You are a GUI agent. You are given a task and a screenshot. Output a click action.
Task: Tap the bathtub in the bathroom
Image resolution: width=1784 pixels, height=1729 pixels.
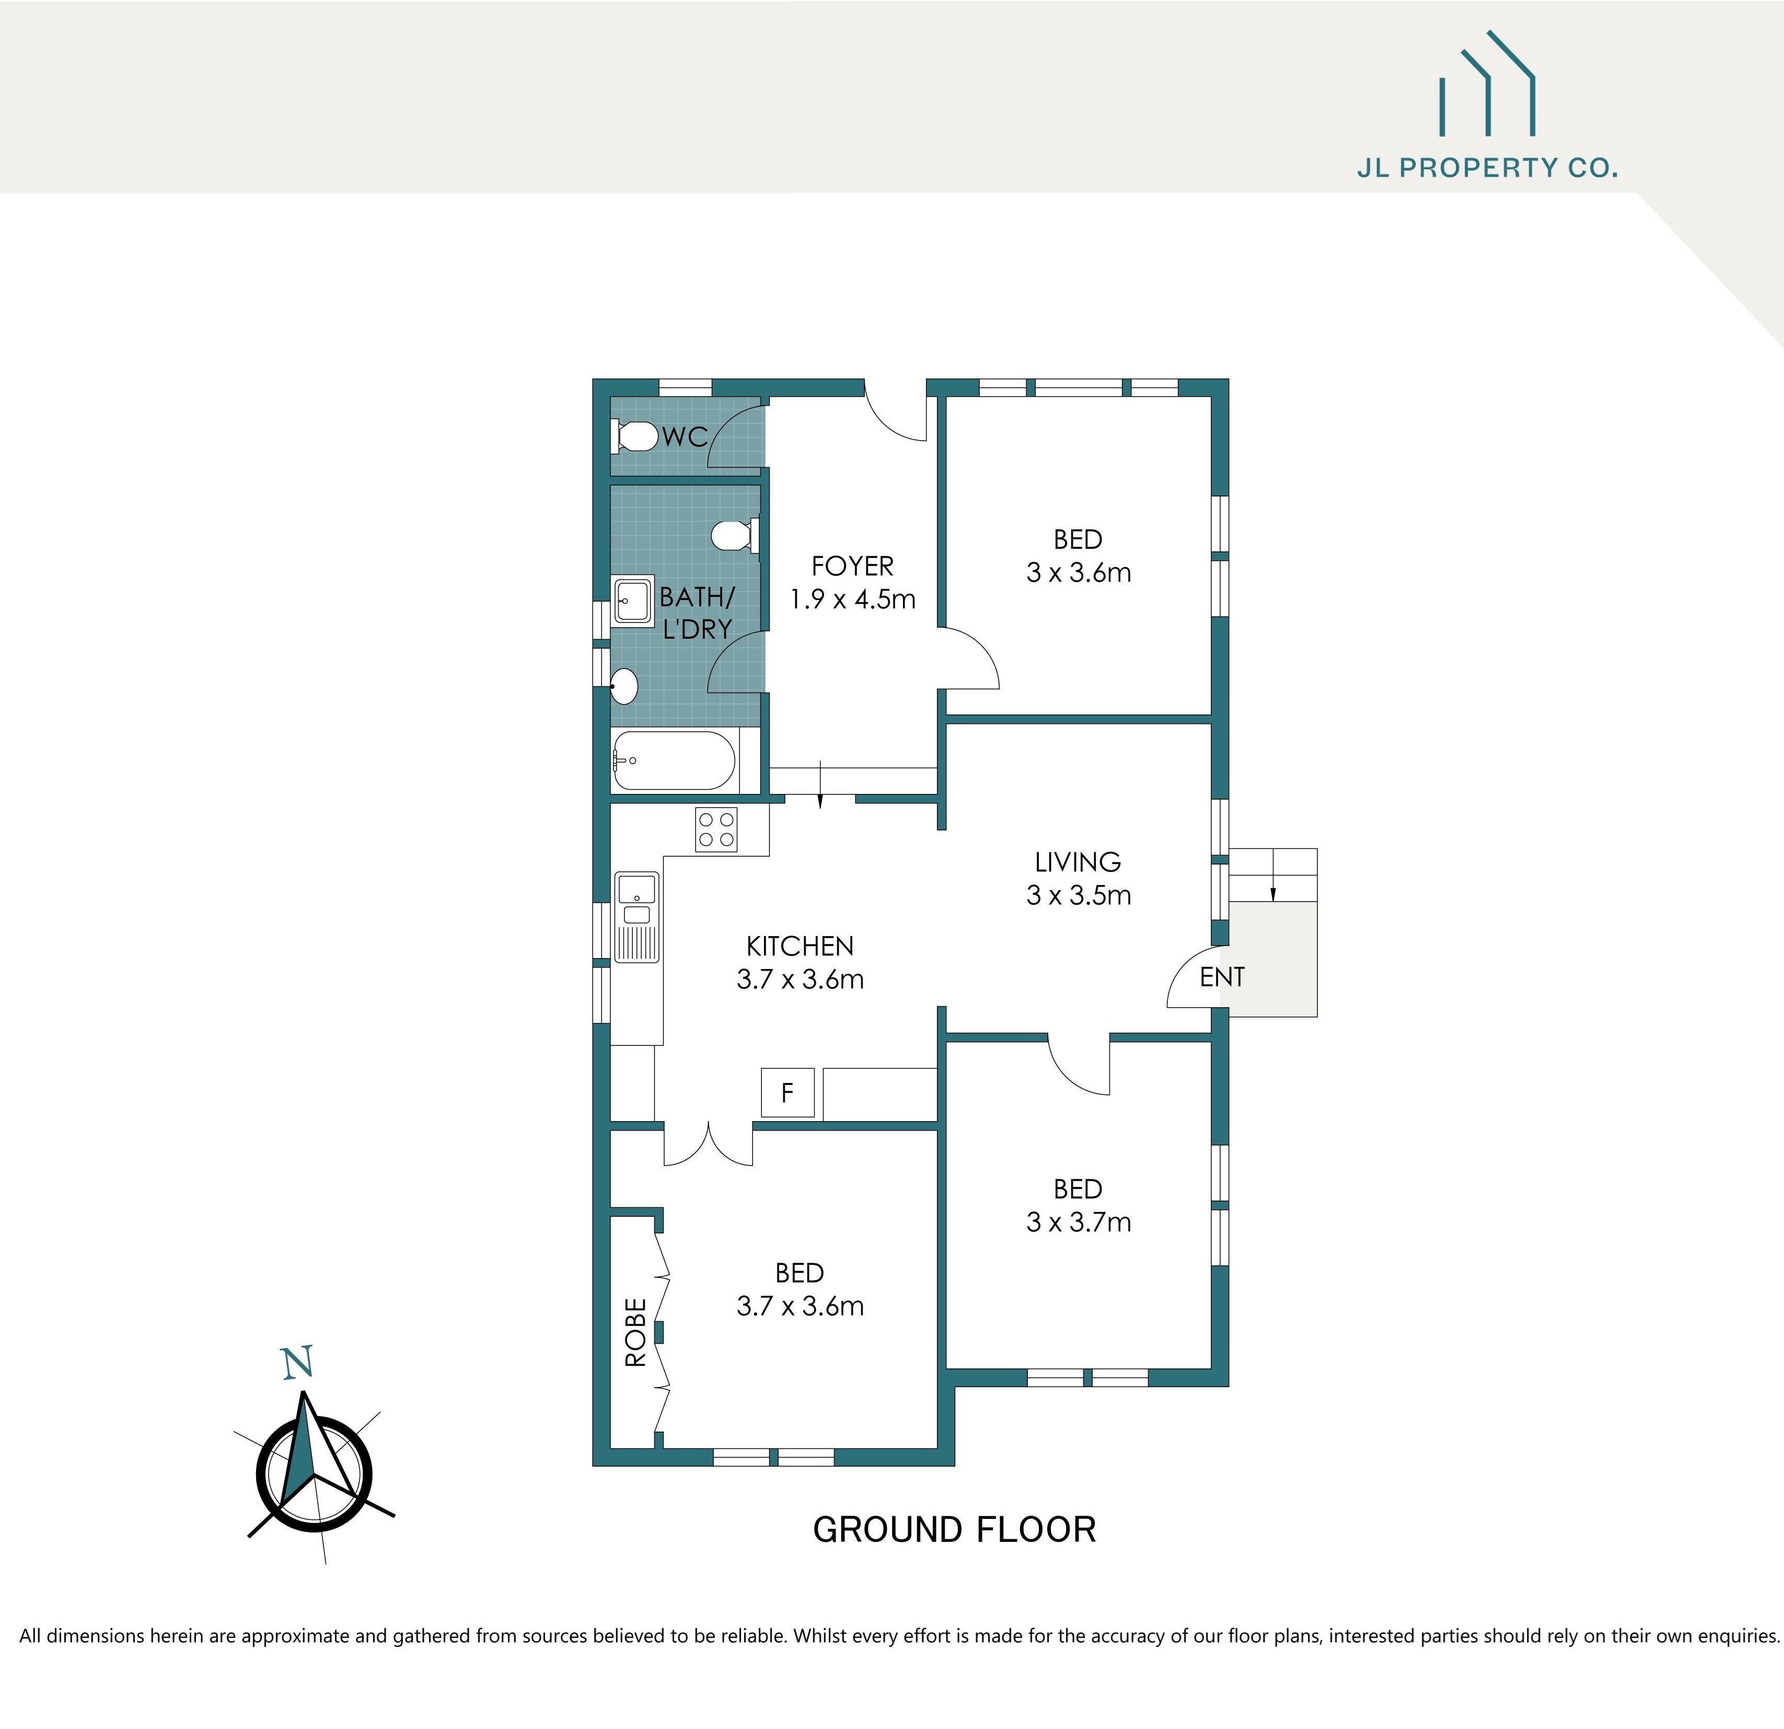(674, 760)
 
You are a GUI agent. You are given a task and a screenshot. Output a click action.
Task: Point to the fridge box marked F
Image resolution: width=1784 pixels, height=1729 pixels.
(787, 1092)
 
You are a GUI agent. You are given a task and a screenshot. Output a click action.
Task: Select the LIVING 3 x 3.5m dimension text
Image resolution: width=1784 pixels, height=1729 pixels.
(1079, 895)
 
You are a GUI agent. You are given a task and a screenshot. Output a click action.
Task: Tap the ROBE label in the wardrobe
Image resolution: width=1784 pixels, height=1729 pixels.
(635, 1333)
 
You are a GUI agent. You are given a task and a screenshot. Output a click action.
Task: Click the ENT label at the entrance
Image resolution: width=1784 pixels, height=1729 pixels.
(1222, 977)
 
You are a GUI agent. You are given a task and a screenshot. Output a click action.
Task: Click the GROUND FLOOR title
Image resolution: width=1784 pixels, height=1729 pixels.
(954, 1530)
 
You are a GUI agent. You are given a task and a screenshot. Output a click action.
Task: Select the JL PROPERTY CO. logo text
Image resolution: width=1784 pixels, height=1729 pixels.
(1486, 168)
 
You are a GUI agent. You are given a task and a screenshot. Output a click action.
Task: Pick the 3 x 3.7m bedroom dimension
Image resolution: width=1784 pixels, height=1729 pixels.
(1079, 1222)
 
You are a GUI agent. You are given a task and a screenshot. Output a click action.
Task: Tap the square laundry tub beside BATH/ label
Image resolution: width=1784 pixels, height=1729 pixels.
(633, 600)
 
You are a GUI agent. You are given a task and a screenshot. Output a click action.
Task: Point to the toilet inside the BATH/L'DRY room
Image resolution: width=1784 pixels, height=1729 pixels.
(732, 535)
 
